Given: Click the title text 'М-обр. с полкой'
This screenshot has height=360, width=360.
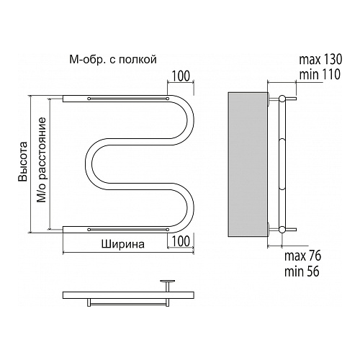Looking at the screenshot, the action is [x=113, y=59].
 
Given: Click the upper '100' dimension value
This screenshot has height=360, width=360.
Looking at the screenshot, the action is [x=181, y=76].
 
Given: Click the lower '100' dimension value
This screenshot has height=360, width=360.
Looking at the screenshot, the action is [x=181, y=241].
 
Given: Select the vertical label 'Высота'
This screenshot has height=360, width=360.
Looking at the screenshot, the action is [x=24, y=161].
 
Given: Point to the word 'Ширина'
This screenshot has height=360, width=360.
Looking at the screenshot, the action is [x=123, y=244].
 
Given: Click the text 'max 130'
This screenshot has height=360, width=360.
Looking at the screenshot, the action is [x=320, y=59].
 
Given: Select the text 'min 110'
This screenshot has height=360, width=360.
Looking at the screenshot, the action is [x=320, y=74].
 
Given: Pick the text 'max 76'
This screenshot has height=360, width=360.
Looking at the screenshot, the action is [x=302, y=256].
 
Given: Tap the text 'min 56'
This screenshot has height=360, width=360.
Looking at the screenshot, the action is [x=302, y=271].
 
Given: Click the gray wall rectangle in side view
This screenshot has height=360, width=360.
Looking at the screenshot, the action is [x=248, y=163].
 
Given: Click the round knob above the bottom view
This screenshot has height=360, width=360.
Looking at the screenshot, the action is [x=168, y=281].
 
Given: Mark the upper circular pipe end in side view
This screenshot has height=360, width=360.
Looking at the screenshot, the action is [x=282, y=99].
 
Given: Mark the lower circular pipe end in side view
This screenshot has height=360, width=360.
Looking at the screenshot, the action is [x=282, y=230].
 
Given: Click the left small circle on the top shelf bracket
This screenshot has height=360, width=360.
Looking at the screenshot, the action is [x=89, y=99].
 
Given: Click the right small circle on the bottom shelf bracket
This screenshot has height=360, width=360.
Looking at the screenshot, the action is [x=168, y=230].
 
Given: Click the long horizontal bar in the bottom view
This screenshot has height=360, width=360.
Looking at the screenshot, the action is [x=128, y=295].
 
